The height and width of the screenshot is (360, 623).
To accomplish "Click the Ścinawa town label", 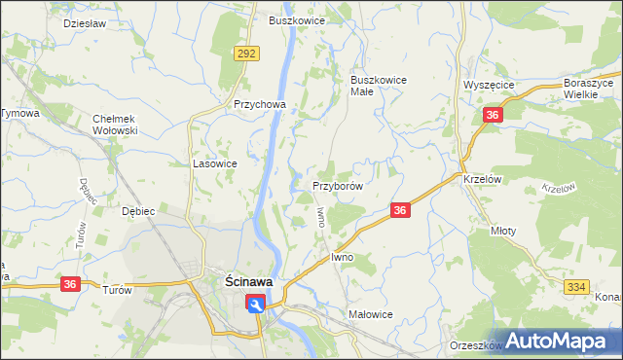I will (x=242, y=281).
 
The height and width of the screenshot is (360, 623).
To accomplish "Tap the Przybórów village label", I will (x=338, y=186).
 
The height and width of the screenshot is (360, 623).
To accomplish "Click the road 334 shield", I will (x=576, y=285).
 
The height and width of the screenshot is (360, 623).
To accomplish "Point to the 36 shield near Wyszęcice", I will (x=493, y=116).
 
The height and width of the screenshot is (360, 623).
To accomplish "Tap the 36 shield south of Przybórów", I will (x=399, y=210).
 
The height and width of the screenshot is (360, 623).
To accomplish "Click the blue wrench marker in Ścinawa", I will (x=255, y=305).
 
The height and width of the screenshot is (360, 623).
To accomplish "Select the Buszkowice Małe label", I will (x=379, y=87).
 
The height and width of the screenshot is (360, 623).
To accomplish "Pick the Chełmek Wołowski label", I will (x=116, y=124).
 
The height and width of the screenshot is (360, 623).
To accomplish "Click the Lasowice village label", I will (x=215, y=164).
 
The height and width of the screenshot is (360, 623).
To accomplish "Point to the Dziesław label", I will (x=83, y=21).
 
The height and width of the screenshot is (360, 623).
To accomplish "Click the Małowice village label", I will (x=370, y=314).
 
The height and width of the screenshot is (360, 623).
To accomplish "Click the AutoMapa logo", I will (x=559, y=341).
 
